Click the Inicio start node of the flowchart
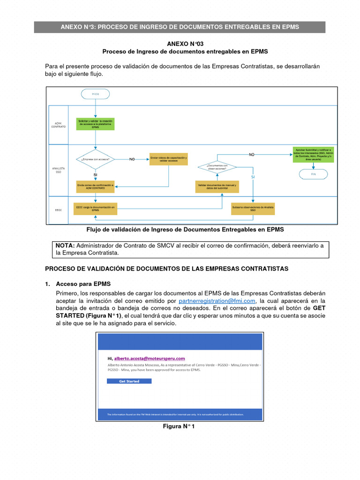95,94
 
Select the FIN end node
314,174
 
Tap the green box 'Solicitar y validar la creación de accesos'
95,124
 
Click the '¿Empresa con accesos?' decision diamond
95,159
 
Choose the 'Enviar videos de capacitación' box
169,159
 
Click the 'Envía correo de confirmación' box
95,187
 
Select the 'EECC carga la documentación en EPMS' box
95,209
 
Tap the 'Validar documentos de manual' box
217,187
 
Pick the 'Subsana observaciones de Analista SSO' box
253,209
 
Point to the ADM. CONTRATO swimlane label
58,125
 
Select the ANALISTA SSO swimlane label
58,170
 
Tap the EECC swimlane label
58,210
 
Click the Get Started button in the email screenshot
129,381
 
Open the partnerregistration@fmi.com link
217,300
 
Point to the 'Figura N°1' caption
179,426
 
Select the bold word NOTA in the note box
65,245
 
